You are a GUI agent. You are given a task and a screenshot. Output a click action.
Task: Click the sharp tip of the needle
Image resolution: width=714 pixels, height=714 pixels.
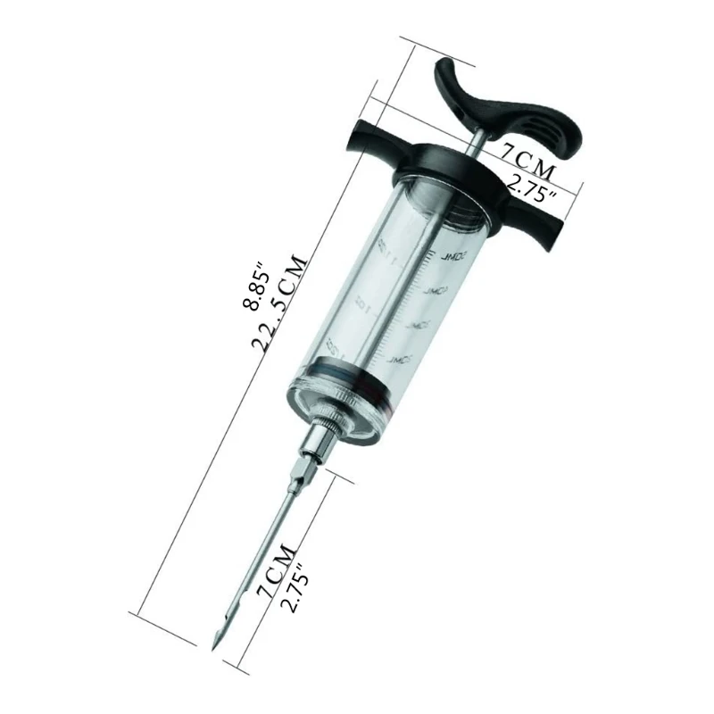[214, 643]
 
